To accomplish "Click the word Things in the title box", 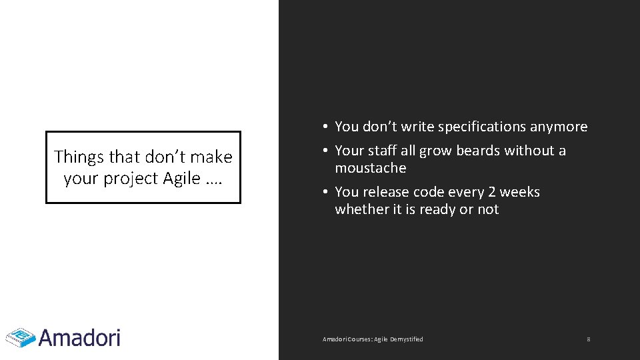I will click(x=79, y=157).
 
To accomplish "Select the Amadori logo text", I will click(x=79, y=337).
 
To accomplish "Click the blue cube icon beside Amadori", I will click(x=21, y=337).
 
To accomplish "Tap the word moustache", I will click(x=370, y=168).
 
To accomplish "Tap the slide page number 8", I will click(x=588, y=339).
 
